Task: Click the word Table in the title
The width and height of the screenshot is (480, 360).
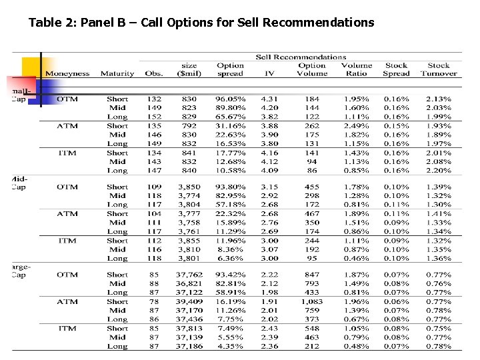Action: [x=43, y=23]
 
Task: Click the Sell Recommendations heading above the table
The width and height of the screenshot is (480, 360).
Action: [x=301, y=57]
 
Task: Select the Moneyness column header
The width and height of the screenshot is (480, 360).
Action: [x=67, y=73]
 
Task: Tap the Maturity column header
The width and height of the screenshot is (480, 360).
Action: [x=117, y=73]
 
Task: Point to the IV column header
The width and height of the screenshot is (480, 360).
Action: [x=269, y=73]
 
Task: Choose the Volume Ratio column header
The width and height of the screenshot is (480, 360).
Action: [x=357, y=69]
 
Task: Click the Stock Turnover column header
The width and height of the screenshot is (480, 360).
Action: [x=439, y=69]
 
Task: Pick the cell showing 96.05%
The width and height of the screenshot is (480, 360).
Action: [x=231, y=99]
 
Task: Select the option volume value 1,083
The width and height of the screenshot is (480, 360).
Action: [x=312, y=301]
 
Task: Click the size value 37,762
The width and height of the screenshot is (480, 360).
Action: [x=189, y=275]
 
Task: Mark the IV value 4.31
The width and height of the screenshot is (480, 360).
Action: [x=269, y=99]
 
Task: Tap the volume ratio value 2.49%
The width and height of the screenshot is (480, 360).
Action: [x=357, y=126]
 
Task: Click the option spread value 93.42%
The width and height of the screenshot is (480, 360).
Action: [x=231, y=275]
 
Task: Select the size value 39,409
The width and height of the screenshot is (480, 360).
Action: [x=189, y=301]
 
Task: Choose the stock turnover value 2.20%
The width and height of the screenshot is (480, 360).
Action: [x=439, y=170]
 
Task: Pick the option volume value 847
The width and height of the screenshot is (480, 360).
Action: [x=312, y=275]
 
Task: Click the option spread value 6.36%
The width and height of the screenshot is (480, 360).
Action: [x=231, y=258]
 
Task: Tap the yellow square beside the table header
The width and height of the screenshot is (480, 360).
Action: [x=30, y=67]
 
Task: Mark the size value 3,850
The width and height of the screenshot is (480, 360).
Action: [x=189, y=187]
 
